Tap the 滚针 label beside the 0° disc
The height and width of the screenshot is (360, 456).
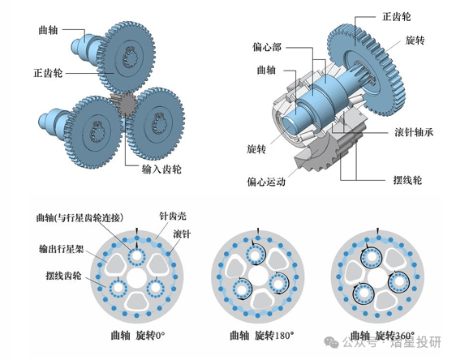point(182,233)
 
